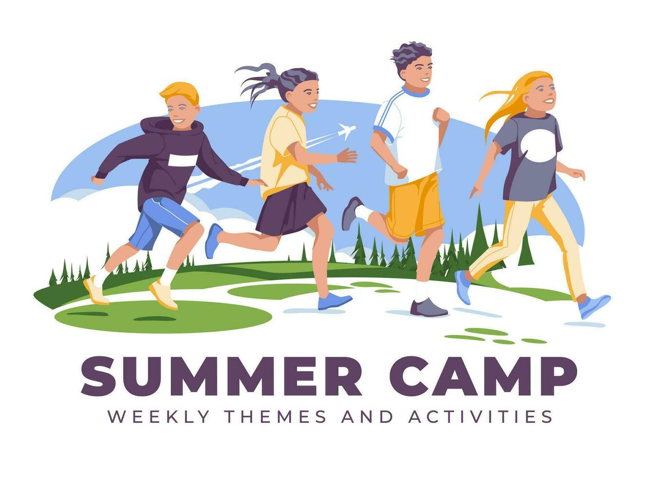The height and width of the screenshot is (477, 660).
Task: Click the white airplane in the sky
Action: pos(346,130)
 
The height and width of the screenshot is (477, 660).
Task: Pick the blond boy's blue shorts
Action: pos(158,221)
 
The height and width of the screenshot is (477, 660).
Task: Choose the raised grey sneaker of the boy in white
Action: pos(351,213)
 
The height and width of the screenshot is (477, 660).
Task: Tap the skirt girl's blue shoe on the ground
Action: pos(334,302)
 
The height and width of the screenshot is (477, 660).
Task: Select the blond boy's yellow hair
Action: pos(180,92)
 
